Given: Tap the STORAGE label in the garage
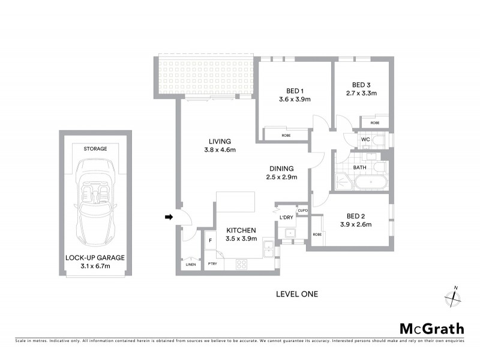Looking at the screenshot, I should (95, 148).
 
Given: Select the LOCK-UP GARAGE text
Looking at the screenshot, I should (95, 257).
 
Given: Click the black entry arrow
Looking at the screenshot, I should (169, 217).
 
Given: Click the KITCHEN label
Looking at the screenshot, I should (241, 230).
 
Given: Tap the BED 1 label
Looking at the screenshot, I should (294, 91).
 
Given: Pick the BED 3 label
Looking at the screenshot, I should (362, 85).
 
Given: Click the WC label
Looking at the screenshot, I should (365, 140).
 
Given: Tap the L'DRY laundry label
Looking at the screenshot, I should (287, 217).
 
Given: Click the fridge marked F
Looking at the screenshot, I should (210, 241).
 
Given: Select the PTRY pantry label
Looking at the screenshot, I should (212, 263).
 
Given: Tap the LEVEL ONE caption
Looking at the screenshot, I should (296, 294).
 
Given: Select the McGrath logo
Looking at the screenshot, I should (431, 328).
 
